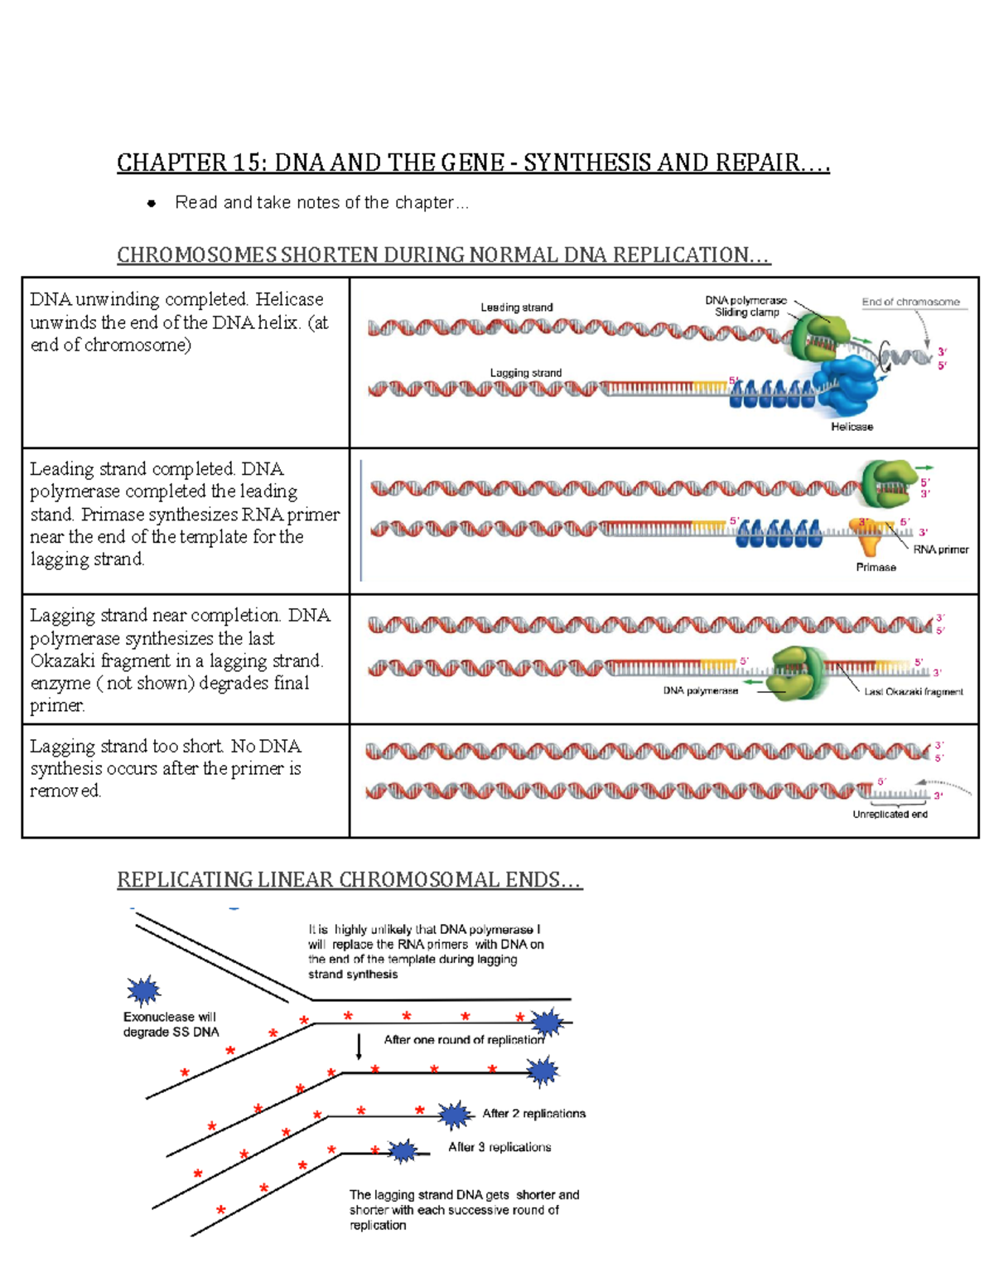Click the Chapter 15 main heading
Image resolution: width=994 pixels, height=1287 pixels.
point(472,162)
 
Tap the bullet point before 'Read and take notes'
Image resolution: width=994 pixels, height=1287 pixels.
point(151,203)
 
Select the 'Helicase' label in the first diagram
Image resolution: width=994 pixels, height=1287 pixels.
point(852,427)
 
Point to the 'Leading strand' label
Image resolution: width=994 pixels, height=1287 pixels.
point(516,307)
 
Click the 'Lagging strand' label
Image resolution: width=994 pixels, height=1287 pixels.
point(525,373)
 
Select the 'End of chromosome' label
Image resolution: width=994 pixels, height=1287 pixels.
point(910,302)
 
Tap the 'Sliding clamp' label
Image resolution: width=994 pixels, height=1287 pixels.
point(746,312)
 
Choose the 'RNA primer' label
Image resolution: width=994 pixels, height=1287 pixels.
point(940,549)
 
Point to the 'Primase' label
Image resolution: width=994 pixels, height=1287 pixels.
point(876,568)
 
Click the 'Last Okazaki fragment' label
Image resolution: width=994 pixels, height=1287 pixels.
point(913,692)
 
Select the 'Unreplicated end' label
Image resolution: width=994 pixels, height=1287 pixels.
point(890,815)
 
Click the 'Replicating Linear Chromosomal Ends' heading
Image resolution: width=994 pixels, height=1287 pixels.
point(349,879)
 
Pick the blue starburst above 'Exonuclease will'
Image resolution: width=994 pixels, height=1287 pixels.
point(143,990)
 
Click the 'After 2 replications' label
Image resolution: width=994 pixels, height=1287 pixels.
point(533,1114)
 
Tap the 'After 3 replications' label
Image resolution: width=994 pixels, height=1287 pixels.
point(499,1147)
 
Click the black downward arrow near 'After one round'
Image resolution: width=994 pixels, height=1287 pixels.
point(359,1047)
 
